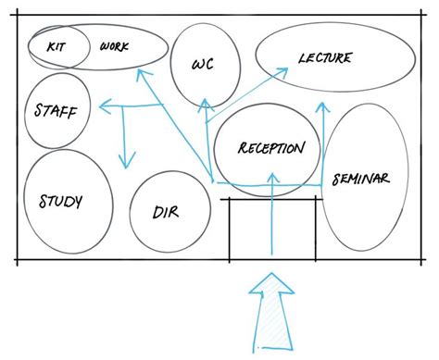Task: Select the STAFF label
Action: pos(57,111)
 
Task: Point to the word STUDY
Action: pos(62,200)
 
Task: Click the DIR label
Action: pos(166,212)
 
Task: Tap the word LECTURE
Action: pos(324,58)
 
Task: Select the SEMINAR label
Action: pos(360,179)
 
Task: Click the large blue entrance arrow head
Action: pos(271,285)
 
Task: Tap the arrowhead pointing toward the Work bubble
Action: pos(141,74)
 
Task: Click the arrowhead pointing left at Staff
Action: pos(105,108)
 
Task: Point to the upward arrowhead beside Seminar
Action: pos(322,108)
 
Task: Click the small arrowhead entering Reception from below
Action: pos(272,191)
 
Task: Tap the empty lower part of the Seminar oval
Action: pos(365,227)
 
